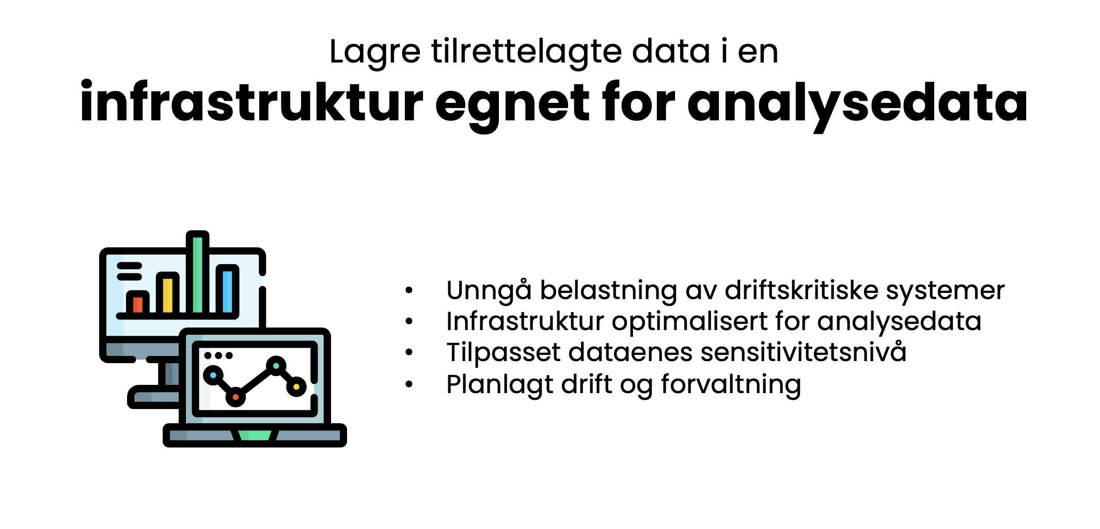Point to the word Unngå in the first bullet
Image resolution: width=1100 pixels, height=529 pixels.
(489, 290)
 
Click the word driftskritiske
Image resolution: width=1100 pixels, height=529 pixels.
(802, 290)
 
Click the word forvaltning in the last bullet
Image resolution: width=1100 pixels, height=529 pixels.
(731, 384)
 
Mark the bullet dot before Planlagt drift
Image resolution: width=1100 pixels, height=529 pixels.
(409, 384)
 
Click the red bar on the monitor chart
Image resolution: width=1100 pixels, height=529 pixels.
(138, 304)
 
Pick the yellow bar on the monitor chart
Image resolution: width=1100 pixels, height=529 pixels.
(168, 295)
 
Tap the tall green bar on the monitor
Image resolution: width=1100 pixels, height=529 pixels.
(198, 274)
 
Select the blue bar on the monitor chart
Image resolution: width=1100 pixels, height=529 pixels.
(228, 292)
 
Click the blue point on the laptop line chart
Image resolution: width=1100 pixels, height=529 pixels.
(213, 375)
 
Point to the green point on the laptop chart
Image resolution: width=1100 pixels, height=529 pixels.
(276, 366)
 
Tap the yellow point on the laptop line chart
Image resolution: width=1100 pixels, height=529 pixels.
(296, 386)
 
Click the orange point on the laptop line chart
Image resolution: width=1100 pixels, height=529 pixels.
(235, 397)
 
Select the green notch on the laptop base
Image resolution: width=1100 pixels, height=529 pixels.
(255, 435)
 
